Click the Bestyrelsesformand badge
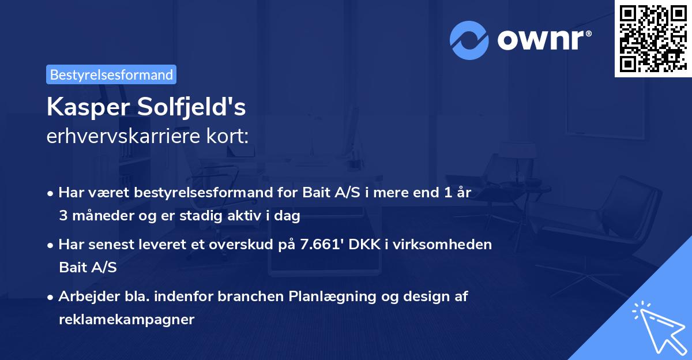(x=111, y=74)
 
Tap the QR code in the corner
(x=653, y=38)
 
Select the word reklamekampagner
(x=126, y=320)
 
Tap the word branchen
(x=247, y=297)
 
